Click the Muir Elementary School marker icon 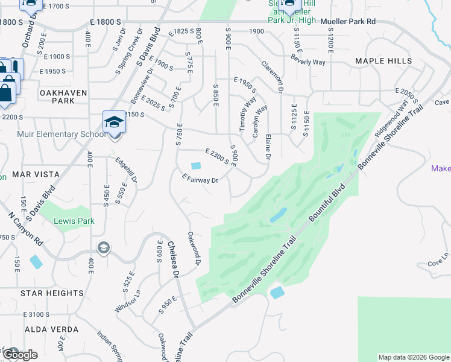click(113, 123)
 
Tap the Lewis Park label click(74, 221)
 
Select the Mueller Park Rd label click(348, 21)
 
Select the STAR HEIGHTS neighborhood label click(52, 293)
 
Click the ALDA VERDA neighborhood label click(52, 329)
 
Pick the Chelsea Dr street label click(174, 259)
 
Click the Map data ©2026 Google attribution click(413, 357)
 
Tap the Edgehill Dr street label click(128, 171)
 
